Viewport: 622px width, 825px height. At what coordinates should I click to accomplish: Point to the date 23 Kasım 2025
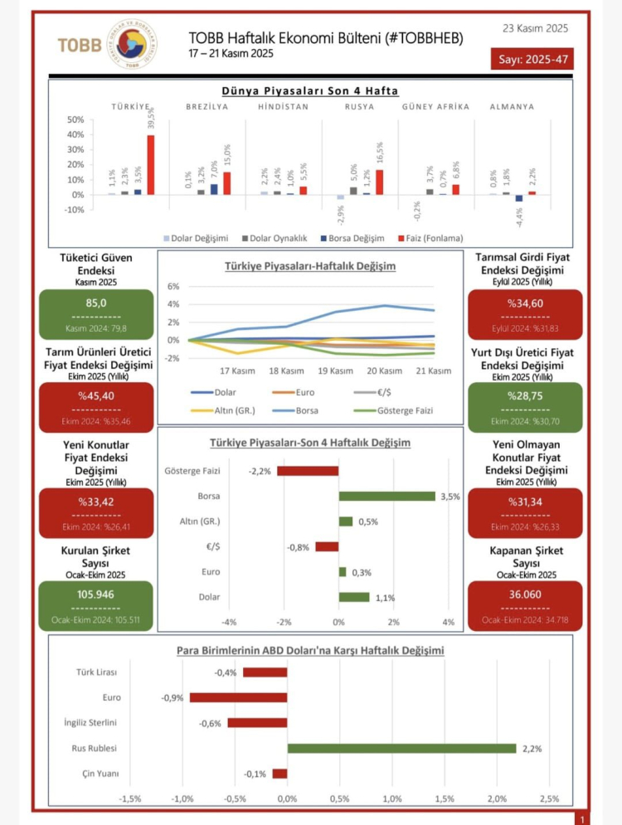[x=535, y=28]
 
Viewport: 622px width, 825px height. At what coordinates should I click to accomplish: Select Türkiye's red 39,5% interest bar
[x=151, y=164]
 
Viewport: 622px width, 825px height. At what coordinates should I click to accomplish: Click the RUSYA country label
[x=358, y=107]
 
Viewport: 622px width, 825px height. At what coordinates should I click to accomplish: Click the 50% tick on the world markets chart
[x=75, y=120]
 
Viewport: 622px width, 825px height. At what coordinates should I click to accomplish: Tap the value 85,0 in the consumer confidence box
[x=96, y=303]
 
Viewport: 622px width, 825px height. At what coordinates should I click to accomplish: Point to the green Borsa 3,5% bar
[x=386, y=496]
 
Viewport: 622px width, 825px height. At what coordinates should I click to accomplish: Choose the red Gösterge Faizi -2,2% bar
[x=308, y=471]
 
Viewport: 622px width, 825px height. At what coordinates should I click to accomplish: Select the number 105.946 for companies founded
[x=96, y=594]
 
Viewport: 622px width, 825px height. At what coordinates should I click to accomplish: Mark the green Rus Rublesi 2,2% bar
[x=401, y=749]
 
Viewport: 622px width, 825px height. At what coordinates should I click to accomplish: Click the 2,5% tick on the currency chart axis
[x=549, y=798]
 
